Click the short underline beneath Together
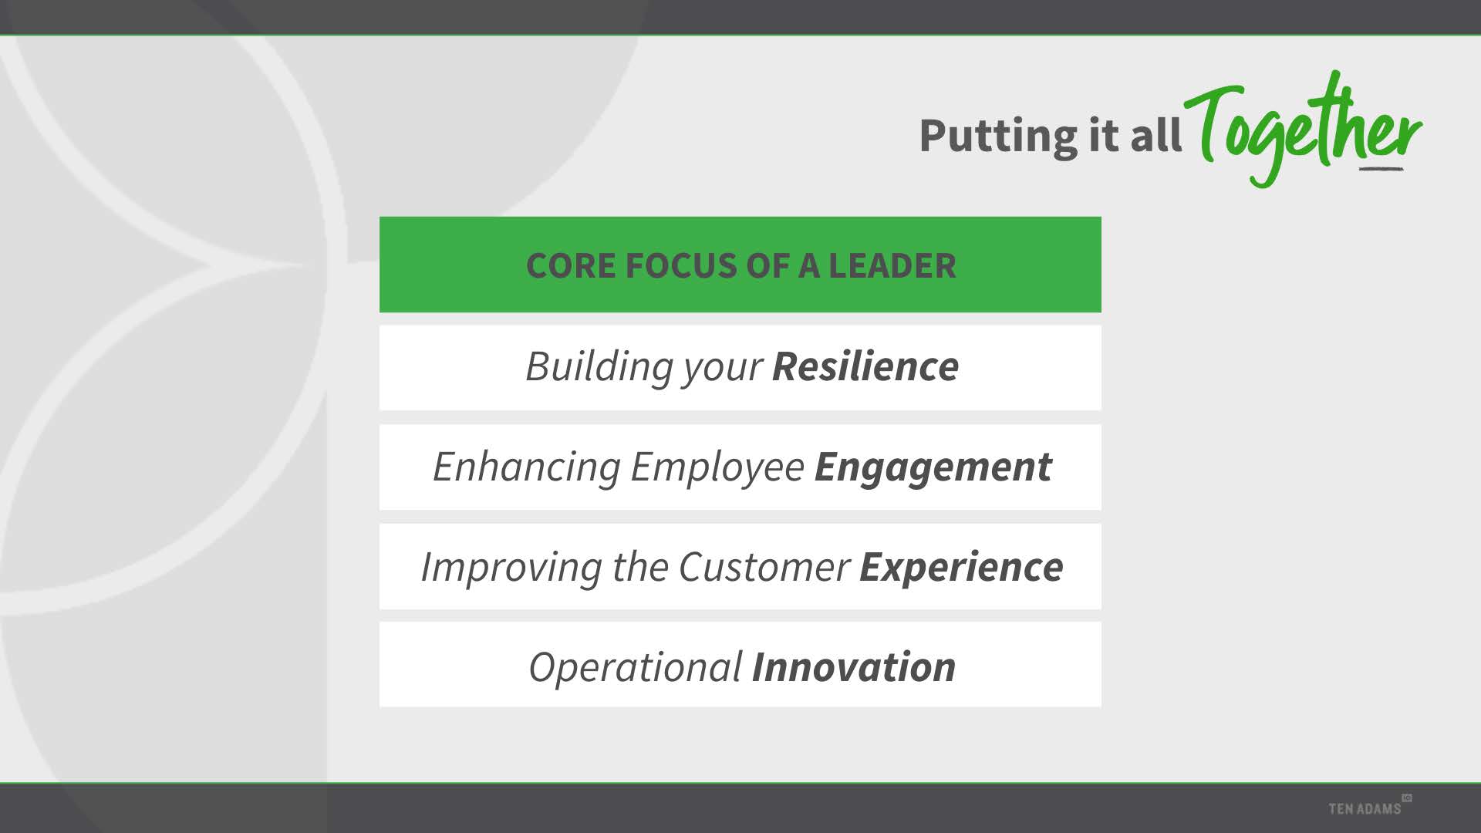(1381, 168)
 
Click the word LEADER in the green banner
(892, 266)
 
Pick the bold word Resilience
(865, 366)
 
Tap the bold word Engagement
(933, 467)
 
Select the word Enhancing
(526, 467)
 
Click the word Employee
(717, 467)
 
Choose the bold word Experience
(961, 568)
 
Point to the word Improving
(511, 568)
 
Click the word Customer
(764, 568)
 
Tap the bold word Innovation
(854, 667)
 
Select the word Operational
(636, 668)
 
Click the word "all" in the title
(1155, 135)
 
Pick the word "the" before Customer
(640, 568)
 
